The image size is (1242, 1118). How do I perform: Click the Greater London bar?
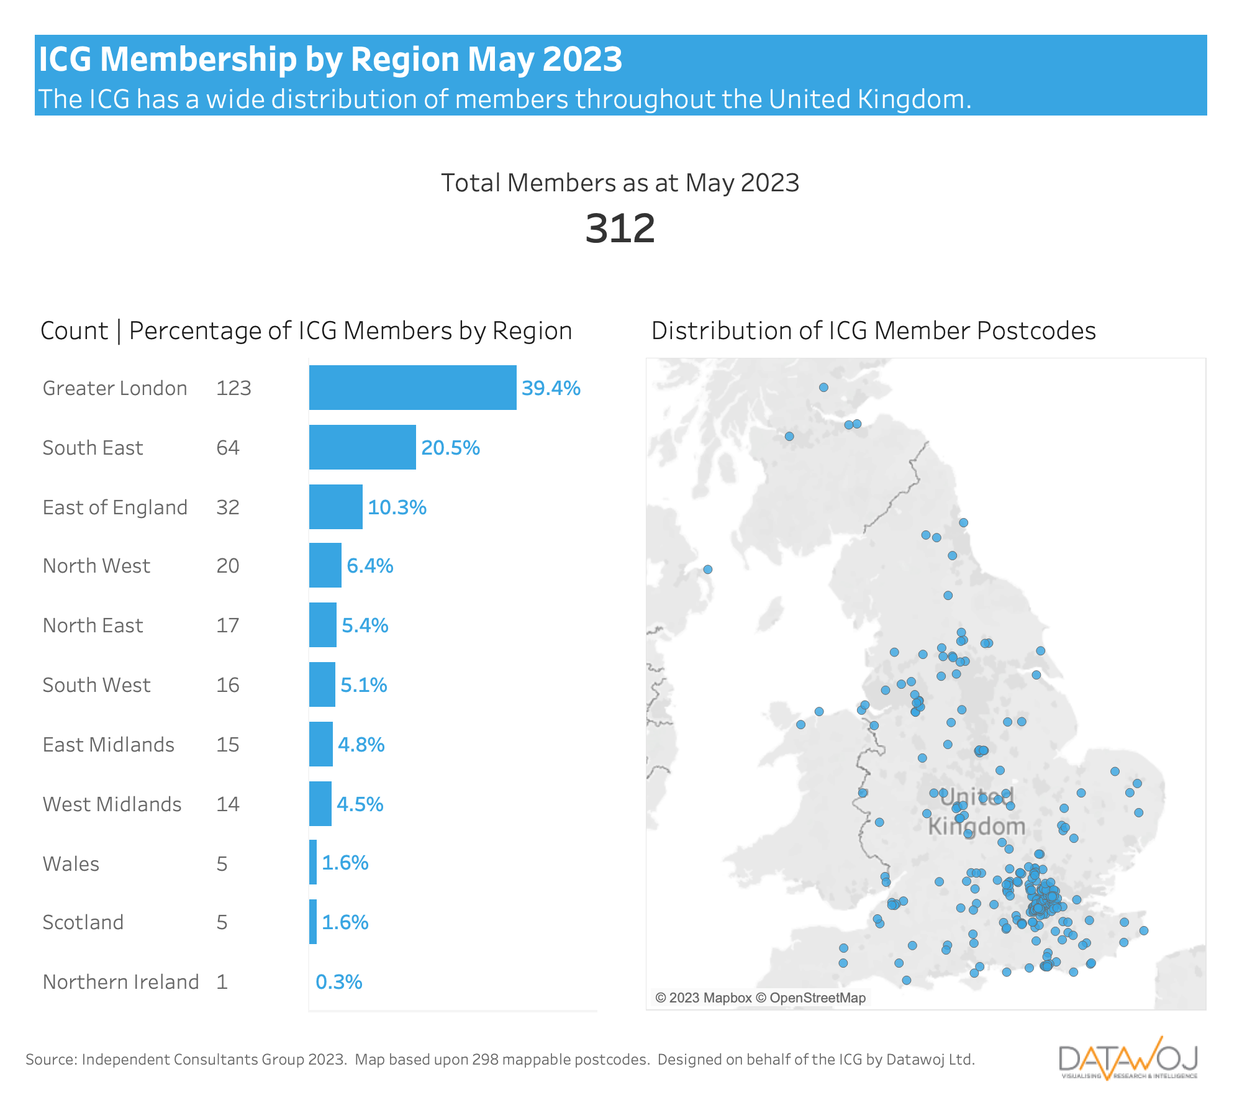(x=412, y=388)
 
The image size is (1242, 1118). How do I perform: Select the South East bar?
(x=362, y=447)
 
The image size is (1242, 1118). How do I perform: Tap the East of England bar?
(x=335, y=507)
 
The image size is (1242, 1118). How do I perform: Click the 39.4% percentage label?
(x=551, y=388)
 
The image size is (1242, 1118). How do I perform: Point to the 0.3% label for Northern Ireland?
(x=338, y=982)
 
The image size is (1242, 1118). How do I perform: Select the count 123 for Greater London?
(x=233, y=388)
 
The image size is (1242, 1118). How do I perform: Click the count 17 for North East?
(x=227, y=625)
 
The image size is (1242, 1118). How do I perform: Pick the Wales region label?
(x=71, y=864)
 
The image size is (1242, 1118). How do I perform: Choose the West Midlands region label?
(x=112, y=804)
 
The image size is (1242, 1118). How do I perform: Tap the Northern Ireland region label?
(x=120, y=982)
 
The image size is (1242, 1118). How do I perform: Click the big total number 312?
(x=620, y=229)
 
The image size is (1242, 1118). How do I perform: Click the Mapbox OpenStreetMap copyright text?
(x=760, y=998)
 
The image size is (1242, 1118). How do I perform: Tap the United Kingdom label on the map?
(x=976, y=811)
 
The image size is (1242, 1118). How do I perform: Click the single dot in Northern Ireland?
(x=707, y=570)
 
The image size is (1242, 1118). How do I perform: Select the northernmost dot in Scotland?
(x=823, y=388)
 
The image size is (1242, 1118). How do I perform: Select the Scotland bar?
(x=313, y=922)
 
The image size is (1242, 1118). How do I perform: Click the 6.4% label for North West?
(x=369, y=566)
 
